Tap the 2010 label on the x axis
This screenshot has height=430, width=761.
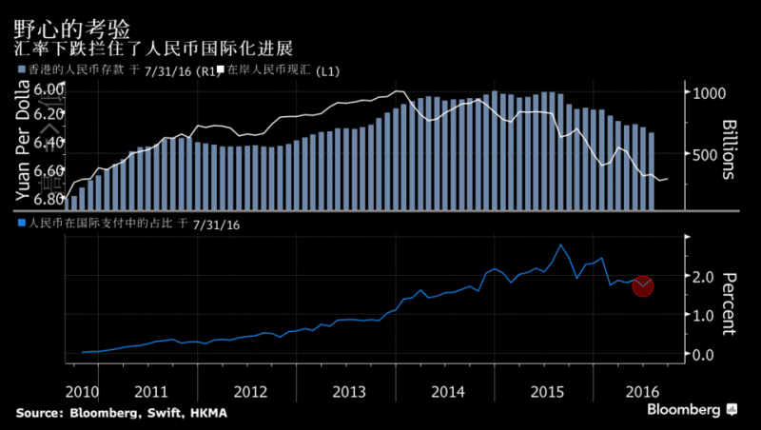tap(83, 391)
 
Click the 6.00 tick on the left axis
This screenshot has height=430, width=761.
tap(49, 88)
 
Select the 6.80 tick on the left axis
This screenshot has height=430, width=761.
tap(49, 199)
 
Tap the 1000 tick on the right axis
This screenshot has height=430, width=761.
tap(711, 93)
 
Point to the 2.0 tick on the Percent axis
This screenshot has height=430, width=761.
tap(702, 277)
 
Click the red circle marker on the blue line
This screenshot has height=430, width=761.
tap(643, 285)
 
